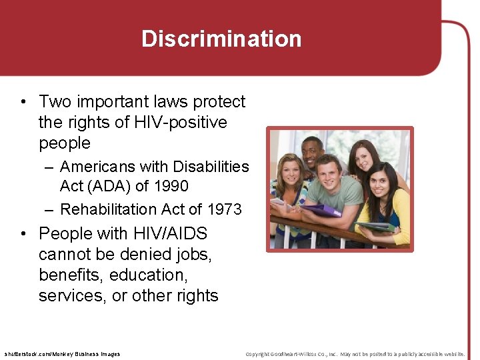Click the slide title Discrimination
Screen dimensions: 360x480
pyautogui.click(x=221, y=39)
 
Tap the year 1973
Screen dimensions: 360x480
pyautogui.click(x=224, y=209)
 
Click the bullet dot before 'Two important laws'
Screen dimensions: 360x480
pyautogui.click(x=23, y=102)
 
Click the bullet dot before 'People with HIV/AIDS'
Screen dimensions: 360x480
pyautogui.click(x=23, y=234)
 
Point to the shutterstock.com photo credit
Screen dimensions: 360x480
pyautogui.click(x=62, y=354)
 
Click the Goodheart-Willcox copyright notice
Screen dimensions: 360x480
pyautogui.click(x=355, y=354)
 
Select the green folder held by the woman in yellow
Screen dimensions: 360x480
pyautogui.click(x=376, y=227)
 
